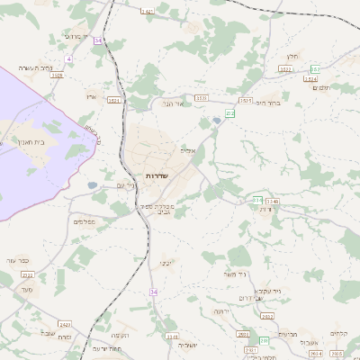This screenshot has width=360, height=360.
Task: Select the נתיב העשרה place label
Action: [39, 67]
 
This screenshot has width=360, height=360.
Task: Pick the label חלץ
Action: [280, 55]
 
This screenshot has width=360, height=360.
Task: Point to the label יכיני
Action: [166, 264]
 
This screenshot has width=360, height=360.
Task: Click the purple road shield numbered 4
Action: [68, 58]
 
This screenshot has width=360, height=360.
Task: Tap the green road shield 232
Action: [230, 113]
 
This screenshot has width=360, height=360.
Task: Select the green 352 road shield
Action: [316, 68]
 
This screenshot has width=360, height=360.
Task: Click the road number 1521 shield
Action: [114, 102]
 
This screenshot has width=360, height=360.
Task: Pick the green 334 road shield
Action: [257, 200]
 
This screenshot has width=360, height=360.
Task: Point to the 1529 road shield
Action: [57, 76]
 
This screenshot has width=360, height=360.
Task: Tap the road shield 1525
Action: [246, 101]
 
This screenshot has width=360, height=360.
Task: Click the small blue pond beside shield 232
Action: [217, 121]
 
